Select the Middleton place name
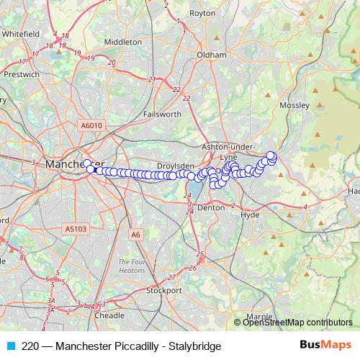[x=123, y=42]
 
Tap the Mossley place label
[x=294, y=105]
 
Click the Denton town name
[x=211, y=207]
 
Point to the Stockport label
[x=164, y=291]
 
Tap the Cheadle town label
[x=109, y=315]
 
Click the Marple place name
[x=259, y=316]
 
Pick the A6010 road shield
[x=92, y=125]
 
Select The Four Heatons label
[x=132, y=266]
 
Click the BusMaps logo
[x=325, y=346]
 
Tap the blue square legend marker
[x=10, y=346]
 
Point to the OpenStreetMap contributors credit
[x=297, y=323]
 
